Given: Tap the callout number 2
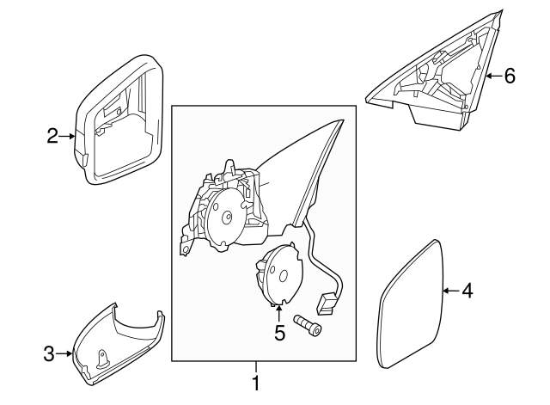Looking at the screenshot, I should [x=52, y=136].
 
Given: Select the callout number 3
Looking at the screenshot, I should [x=49, y=353].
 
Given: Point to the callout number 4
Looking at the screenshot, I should [x=467, y=291].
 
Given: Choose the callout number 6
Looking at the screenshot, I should [x=510, y=76].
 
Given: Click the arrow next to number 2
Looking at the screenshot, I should [x=69, y=136].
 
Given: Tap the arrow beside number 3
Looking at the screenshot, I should [x=64, y=353].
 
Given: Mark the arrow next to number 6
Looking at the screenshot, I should [x=492, y=76].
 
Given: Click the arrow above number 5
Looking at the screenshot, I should [x=279, y=314].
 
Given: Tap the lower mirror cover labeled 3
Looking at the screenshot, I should [x=116, y=344].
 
